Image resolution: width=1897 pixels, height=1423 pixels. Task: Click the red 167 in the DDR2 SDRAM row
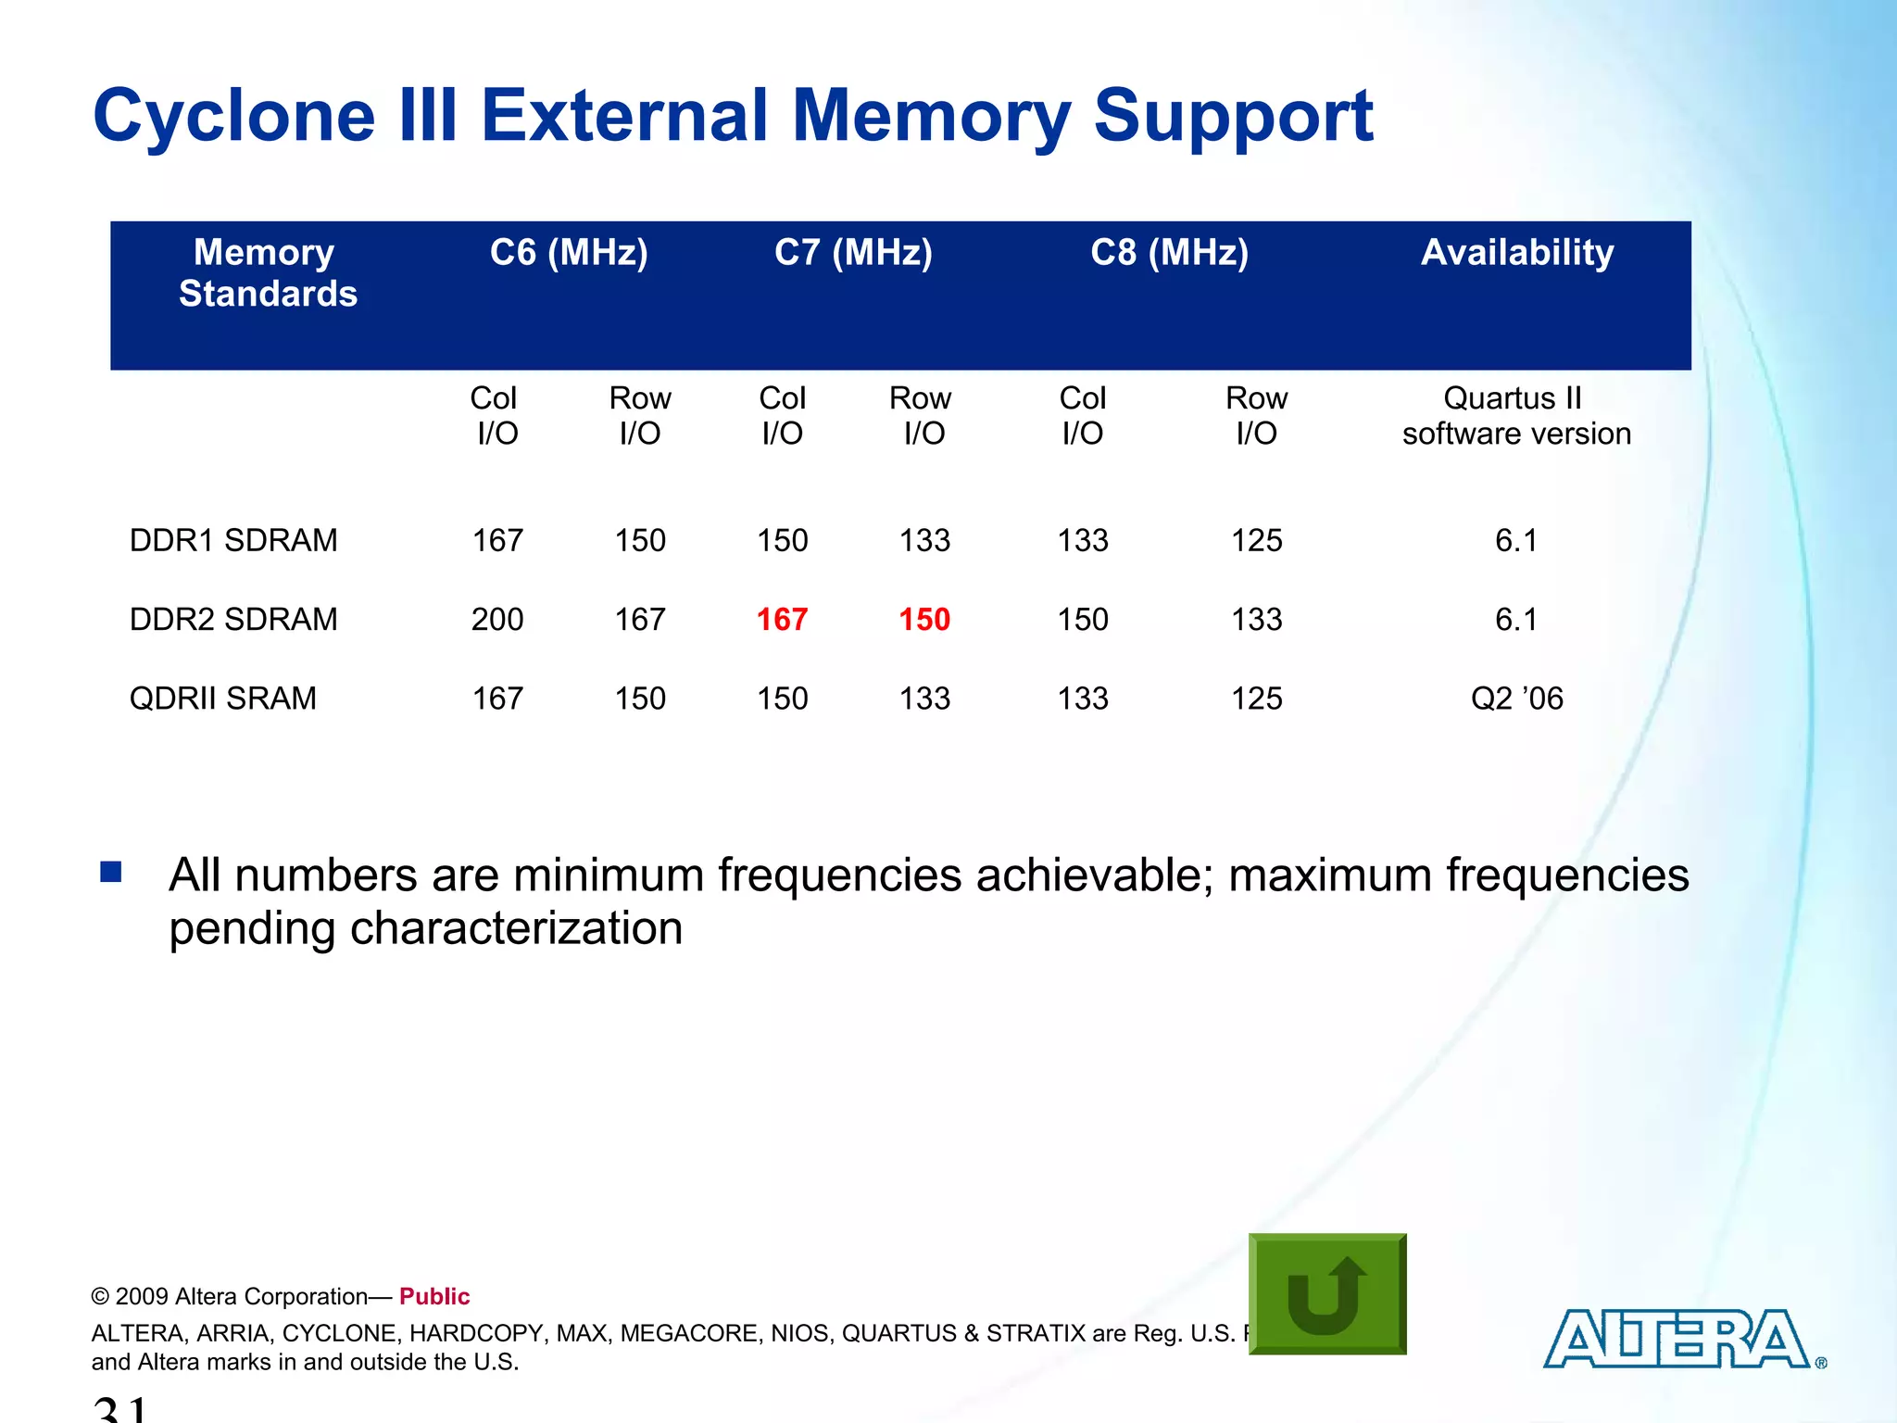click(x=782, y=619)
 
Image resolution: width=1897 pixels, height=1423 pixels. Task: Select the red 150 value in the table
click(x=924, y=619)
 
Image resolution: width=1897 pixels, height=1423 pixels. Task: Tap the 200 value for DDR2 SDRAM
click(x=497, y=619)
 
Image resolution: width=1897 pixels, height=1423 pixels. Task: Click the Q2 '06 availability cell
click(x=1516, y=698)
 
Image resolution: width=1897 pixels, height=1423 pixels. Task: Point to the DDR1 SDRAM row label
click(x=233, y=540)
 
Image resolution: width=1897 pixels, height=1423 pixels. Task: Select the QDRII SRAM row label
click(x=222, y=698)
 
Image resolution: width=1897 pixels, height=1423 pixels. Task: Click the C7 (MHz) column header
click(x=853, y=252)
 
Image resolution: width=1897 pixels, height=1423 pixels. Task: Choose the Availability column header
click(x=1517, y=252)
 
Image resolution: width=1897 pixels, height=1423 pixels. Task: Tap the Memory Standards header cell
click(x=267, y=272)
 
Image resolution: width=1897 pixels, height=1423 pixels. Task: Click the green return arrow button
click(x=1327, y=1294)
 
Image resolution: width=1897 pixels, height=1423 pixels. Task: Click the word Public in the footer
click(x=434, y=1296)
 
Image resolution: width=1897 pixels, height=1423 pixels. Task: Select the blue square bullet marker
click(x=111, y=872)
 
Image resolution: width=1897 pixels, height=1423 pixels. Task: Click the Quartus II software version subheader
click(x=1516, y=416)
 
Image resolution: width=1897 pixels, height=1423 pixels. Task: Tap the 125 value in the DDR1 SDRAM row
click(x=1256, y=540)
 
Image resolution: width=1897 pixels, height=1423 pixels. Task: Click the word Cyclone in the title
click(x=234, y=116)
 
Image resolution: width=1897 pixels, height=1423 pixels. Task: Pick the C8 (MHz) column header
click(x=1169, y=252)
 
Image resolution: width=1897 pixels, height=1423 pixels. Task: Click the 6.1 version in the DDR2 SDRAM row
click(x=1516, y=619)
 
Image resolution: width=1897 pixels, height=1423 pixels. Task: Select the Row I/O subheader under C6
click(x=639, y=416)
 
